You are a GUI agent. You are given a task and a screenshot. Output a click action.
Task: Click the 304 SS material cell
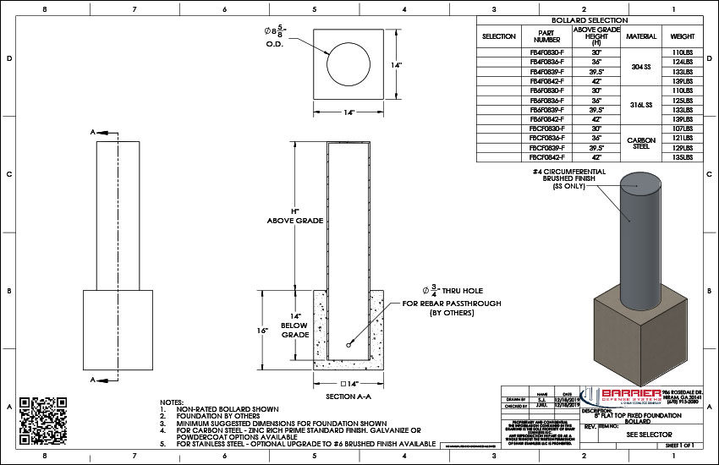pos(640,67)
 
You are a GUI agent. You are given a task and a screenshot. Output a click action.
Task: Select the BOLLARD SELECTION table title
pos(590,19)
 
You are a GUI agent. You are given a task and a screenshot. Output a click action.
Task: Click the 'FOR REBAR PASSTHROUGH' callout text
pos(453,303)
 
